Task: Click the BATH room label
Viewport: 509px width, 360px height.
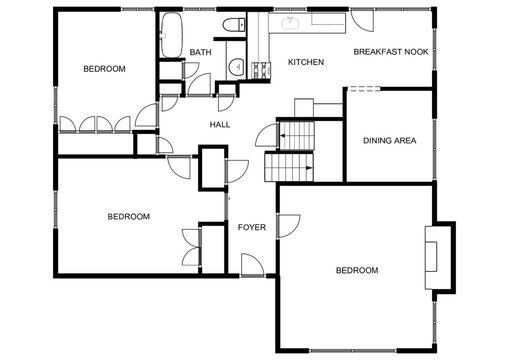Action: click(200, 53)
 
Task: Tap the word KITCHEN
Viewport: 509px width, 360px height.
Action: click(305, 63)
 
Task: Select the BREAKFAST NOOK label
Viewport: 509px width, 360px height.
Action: click(389, 51)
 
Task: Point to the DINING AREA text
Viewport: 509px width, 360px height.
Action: click(389, 141)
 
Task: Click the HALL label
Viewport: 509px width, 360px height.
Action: click(220, 125)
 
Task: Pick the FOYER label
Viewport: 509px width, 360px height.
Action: click(251, 227)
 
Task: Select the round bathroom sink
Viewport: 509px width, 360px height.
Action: click(236, 67)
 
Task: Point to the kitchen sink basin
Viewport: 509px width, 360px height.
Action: click(293, 21)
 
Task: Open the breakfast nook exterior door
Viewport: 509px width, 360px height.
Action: click(361, 20)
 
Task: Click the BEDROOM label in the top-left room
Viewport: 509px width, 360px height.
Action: click(104, 69)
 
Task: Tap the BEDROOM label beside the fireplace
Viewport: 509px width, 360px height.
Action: click(356, 271)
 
